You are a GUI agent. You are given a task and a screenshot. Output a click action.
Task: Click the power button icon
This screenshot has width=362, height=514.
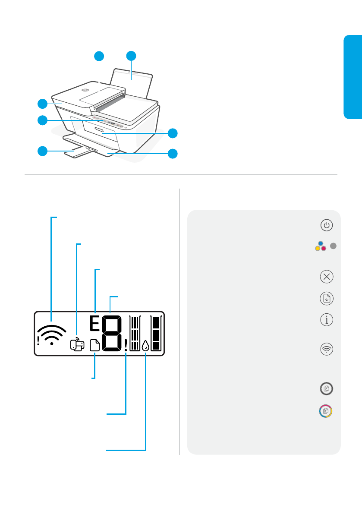point(327,225)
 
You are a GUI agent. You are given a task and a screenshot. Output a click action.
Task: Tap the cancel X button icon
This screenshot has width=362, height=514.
point(327,277)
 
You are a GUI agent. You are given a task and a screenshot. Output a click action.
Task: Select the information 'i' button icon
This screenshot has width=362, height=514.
point(327,320)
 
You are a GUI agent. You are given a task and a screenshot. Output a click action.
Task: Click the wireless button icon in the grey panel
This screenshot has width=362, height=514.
point(327,349)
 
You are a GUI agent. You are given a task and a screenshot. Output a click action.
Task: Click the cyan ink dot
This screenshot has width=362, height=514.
point(321,244)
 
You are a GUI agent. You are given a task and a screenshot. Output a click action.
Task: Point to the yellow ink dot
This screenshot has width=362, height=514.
point(318,249)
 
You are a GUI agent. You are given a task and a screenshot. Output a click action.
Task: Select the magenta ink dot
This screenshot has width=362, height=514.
point(324,249)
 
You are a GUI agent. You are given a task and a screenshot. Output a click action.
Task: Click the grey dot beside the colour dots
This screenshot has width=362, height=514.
point(333,246)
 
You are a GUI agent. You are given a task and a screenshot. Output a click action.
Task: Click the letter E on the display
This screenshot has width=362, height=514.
point(94,324)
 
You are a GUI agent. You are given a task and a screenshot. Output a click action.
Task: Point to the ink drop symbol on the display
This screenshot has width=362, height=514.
point(145,345)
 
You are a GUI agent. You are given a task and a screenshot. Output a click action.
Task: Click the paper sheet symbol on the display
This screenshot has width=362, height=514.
point(94,345)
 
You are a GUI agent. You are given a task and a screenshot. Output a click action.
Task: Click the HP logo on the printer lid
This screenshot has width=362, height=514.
point(85,91)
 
